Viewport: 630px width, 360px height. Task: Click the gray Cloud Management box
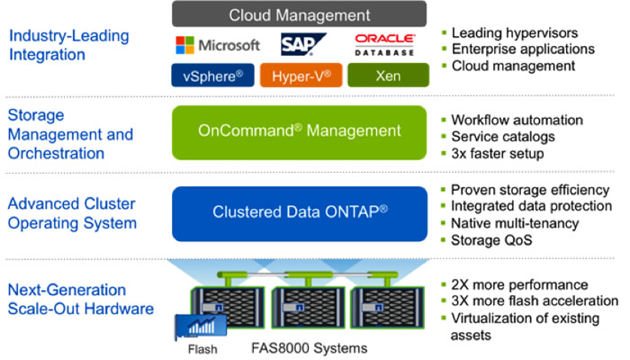(x=299, y=14)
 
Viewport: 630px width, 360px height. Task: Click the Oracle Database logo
(x=384, y=45)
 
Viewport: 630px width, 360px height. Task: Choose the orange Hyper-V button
(x=299, y=76)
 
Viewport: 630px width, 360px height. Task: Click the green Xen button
(x=387, y=76)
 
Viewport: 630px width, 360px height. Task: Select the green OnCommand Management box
(x=299, y=131)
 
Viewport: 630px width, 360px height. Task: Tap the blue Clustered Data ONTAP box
(x=299, y=212)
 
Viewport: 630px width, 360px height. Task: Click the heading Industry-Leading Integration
(x=67, y=46)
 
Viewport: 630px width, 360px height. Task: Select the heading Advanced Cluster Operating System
(x=72, y=213)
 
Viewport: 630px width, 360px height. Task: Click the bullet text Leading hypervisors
(x=514, y=33)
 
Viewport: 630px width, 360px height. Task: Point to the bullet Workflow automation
(x=517, y=121)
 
